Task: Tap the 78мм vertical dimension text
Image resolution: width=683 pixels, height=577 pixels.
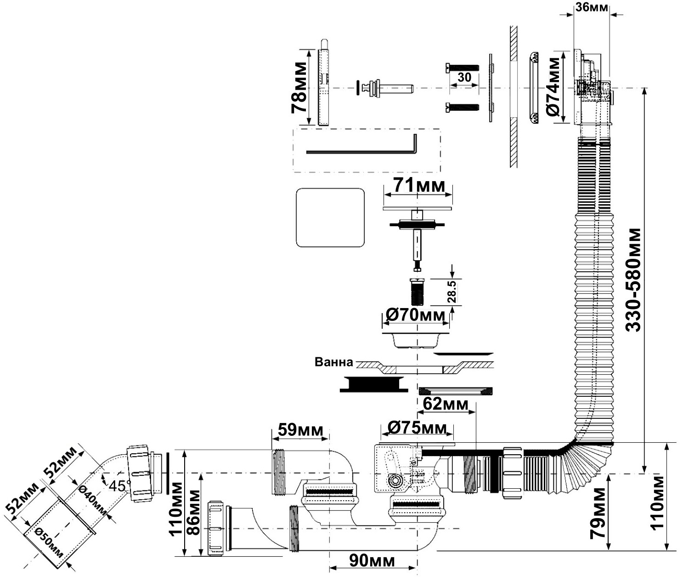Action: [x=299, y=88]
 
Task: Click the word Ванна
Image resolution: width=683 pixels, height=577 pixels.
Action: [x=334, y=362]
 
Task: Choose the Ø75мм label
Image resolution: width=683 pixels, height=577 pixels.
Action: [x=417, y=428]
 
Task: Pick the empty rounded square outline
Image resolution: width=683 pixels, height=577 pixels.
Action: [x=330, y=217]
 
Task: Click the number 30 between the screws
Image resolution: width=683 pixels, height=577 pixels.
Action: [x=464, y=77]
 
